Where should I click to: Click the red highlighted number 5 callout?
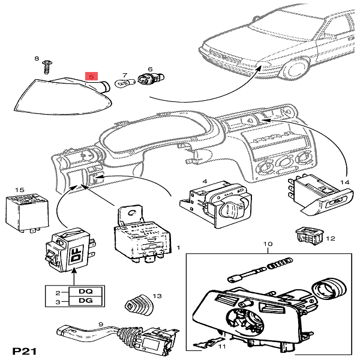[x=91, y=77]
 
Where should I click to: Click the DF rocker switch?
[x=68, y=250]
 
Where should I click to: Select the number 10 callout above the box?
[x=268, y=244]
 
